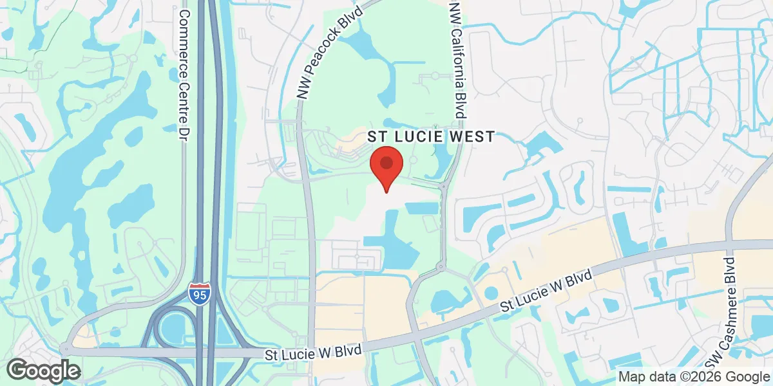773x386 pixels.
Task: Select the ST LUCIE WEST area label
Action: click(431, 136)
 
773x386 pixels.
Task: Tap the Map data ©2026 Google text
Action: click(694, 377)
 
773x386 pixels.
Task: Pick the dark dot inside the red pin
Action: click(386, 161)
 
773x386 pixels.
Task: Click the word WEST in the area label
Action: click(474, 136)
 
